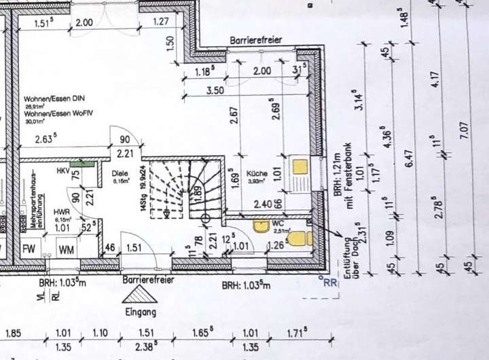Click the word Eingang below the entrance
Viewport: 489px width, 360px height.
141,312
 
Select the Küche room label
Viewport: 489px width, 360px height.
256,173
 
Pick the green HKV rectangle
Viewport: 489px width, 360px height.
81,163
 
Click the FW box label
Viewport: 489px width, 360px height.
29,249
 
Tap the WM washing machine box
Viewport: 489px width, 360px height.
66,249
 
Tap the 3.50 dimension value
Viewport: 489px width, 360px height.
215,89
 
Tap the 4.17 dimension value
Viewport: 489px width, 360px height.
435,78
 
